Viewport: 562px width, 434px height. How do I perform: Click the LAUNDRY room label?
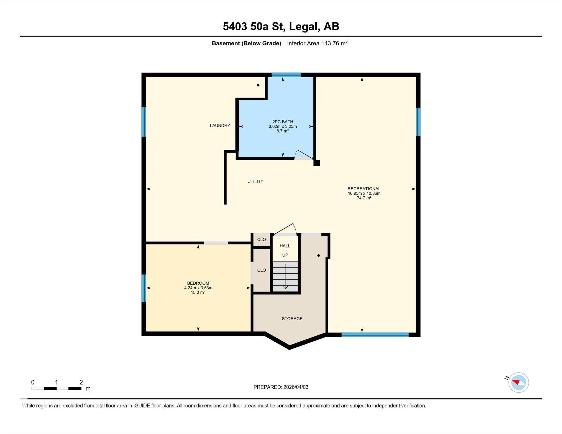point(220,126)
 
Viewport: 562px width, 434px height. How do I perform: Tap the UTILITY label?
point(255,181)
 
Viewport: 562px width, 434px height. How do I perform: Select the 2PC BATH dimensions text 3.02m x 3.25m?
point(283,126)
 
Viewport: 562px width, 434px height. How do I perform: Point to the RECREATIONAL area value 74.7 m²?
point(364,198)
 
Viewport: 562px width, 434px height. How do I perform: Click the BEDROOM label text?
point(198,283)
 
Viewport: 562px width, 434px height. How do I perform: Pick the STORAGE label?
point(292,319)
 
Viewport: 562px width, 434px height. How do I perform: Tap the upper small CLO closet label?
point(262,240)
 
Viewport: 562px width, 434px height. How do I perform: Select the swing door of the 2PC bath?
point(304,155)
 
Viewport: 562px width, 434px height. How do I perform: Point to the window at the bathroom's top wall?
point(286,75)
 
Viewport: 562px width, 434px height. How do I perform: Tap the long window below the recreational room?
point(375,334)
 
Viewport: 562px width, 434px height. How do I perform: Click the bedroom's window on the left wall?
point(144,288)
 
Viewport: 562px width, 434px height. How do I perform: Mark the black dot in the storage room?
point(319,256)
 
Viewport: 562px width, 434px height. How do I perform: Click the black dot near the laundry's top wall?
point(258,85)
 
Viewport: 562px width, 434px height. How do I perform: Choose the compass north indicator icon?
point(518,382)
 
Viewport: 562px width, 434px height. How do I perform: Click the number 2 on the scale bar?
point(81,382)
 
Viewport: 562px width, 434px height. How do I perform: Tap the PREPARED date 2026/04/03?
point(296,387)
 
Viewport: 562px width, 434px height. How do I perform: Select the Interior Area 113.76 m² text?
point(317,43)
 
